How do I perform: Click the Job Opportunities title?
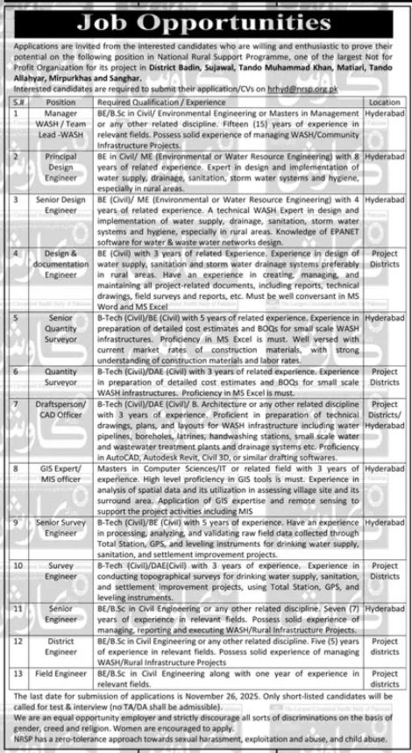206,17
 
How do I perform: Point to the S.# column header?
17,102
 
